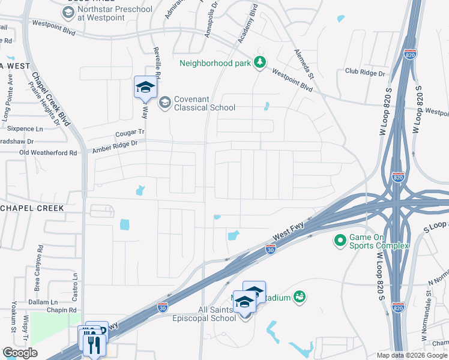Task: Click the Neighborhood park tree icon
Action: click(260, 62)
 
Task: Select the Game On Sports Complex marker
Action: click(340, 241)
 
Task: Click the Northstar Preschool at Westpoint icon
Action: click(68, 13)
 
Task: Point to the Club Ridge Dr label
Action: click(364, 73)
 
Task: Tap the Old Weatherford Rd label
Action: click(49, 153)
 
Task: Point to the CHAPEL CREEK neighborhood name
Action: click(31, 208)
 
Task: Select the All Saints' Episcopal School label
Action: click(205, 314)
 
